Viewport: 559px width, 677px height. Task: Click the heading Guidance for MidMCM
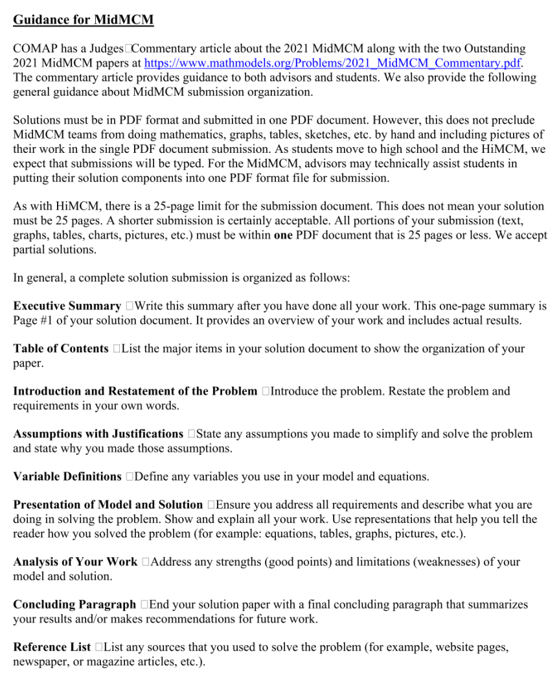pos(84,19)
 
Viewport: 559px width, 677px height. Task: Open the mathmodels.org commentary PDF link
pos(332,63)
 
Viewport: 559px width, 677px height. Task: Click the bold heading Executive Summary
pos(67,306)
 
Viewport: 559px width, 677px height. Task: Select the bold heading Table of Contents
pos(61,349)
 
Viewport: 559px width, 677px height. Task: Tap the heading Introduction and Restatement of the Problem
pos(135,391)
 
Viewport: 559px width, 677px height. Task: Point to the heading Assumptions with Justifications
pos(98,433)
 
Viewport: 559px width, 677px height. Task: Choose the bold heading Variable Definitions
pos(67,476)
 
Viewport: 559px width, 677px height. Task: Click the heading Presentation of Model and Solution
pos(108,505)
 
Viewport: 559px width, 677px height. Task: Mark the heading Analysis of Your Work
pos(75,562)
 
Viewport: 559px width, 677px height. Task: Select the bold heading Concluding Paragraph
pos(74,604)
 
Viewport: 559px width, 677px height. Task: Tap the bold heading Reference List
pos(52,647)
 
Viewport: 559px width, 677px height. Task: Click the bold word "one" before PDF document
pos(283,235)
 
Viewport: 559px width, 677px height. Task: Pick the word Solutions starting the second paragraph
pos(36,120)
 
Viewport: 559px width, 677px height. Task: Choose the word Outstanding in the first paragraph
pos(492,49)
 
